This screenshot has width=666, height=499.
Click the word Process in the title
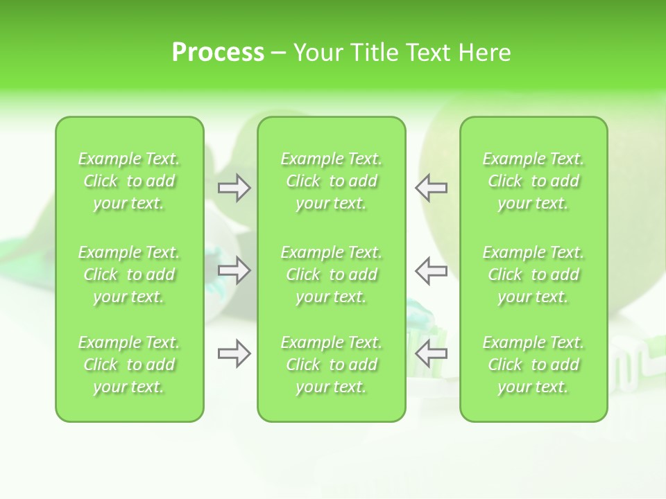click(218, 53)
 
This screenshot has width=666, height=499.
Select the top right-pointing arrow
click(234, 188)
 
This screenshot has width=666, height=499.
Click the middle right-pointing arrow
click(234, 270)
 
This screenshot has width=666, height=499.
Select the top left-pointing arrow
click(432, 188)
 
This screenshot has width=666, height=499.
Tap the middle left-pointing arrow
click(432, 270)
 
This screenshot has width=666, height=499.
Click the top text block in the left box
click(129, 181)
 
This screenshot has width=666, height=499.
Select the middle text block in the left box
click(129, 274)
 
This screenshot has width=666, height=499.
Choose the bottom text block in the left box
click(129, 365)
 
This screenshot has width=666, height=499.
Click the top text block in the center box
click(331, 181)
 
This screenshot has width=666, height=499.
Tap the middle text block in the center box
click(331, 274)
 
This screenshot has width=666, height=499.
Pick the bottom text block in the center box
click(331, 365)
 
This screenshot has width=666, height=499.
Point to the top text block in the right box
click(533, 181)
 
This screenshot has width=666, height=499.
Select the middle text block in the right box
click(533, 274)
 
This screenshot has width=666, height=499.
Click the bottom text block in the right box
click(533, 365)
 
